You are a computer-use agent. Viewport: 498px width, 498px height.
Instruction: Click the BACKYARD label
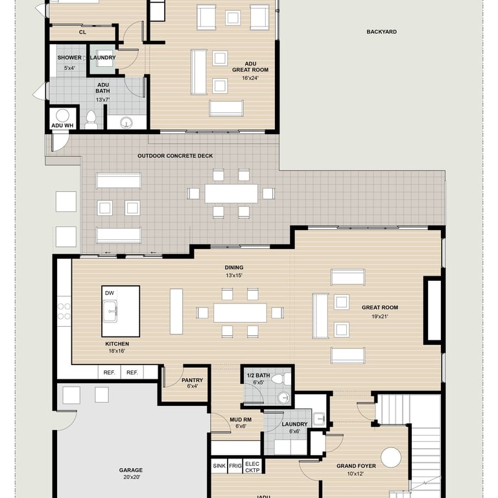pos(381,32)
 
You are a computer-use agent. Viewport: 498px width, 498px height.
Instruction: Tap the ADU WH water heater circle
pos(62,115)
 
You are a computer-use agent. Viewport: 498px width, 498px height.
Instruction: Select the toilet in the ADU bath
pos(91,120)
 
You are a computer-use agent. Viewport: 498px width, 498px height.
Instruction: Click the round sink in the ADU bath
pos(126,123)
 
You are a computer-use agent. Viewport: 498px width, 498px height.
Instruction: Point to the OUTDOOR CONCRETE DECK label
pos(175,156)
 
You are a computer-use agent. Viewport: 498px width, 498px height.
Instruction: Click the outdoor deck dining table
pos(231,193)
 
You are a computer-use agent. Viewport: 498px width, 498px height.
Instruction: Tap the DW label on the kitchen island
pos(109,293)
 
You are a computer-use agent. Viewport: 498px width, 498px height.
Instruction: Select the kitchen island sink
pos(110,311)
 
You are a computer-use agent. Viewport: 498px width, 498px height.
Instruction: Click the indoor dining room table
pos(240,313)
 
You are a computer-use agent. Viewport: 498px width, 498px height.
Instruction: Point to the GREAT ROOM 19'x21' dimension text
pos(380,316)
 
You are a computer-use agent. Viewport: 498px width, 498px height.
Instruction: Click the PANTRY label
pos(192,380)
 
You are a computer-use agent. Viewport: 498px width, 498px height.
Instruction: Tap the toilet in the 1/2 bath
pos(281,379)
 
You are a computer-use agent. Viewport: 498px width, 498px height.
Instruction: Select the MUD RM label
pos(241,420)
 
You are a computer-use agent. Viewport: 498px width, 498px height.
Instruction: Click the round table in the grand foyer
pos(391,457)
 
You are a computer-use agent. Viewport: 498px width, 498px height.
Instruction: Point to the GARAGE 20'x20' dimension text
pos(132,477)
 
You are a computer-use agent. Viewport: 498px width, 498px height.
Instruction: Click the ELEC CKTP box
pos(252,467)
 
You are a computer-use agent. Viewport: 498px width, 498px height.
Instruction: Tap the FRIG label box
pos(235,466)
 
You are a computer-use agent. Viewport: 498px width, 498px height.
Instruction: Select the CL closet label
pos(82,32)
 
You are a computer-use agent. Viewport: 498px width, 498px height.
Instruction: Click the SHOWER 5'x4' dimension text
pos(69,68)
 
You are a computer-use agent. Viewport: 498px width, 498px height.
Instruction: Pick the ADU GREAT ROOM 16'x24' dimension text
pos(250,78)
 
